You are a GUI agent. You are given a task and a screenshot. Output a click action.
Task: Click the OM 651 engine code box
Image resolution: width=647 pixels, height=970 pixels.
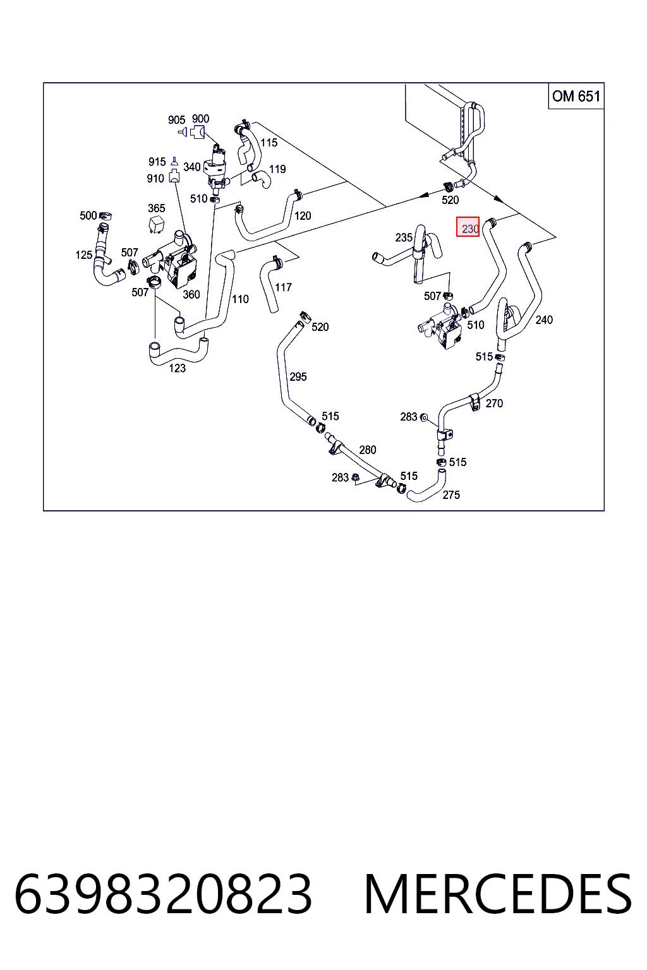[x=576, y=96]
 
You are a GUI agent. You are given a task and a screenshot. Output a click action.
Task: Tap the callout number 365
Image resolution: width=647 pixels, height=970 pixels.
[x=157, y=208]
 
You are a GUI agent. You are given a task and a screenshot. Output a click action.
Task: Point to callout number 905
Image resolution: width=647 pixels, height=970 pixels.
[x=177, y=120]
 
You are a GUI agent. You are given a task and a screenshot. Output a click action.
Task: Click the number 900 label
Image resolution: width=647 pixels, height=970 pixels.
[x=201, y=119]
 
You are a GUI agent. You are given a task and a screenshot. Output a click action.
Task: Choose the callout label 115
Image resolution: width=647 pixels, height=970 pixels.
[x=269, y=143]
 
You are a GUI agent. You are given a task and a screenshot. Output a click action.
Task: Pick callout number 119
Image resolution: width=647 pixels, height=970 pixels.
[x=277, y=169]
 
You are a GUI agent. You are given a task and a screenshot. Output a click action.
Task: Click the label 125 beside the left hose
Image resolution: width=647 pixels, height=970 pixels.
[x=84, y=254]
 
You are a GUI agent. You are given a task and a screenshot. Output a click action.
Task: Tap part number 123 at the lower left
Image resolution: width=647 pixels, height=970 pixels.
[x=178, y=368]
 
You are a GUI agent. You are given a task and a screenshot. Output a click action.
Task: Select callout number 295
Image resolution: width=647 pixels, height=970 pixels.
[x=298, y=377]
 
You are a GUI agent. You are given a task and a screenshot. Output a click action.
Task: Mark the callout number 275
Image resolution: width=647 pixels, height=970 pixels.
[x=451, y=494]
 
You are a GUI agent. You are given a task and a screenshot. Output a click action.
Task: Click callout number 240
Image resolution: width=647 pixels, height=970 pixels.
[x=544, y=320]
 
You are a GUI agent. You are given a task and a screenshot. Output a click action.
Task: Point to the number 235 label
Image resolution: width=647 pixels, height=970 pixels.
[x=404, y=237]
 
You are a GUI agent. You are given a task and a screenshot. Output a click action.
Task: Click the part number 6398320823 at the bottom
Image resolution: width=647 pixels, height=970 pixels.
[x=164, y=894]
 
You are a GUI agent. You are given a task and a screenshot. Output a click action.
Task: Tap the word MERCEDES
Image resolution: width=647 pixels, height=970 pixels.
[x=499, y=894]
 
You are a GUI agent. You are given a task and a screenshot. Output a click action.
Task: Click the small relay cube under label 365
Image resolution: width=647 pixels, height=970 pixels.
[x=157, y=224]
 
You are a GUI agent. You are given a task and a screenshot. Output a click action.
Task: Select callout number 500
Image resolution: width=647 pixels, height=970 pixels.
[x=88, y=215]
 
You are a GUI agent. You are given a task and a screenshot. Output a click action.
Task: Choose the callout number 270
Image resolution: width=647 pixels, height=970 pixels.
[x=494, y=403]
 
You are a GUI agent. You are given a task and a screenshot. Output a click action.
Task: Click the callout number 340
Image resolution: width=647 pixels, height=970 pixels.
[x=192, y=167]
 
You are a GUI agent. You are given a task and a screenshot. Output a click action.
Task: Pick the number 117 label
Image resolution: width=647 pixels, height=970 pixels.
[x=284, y=287]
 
